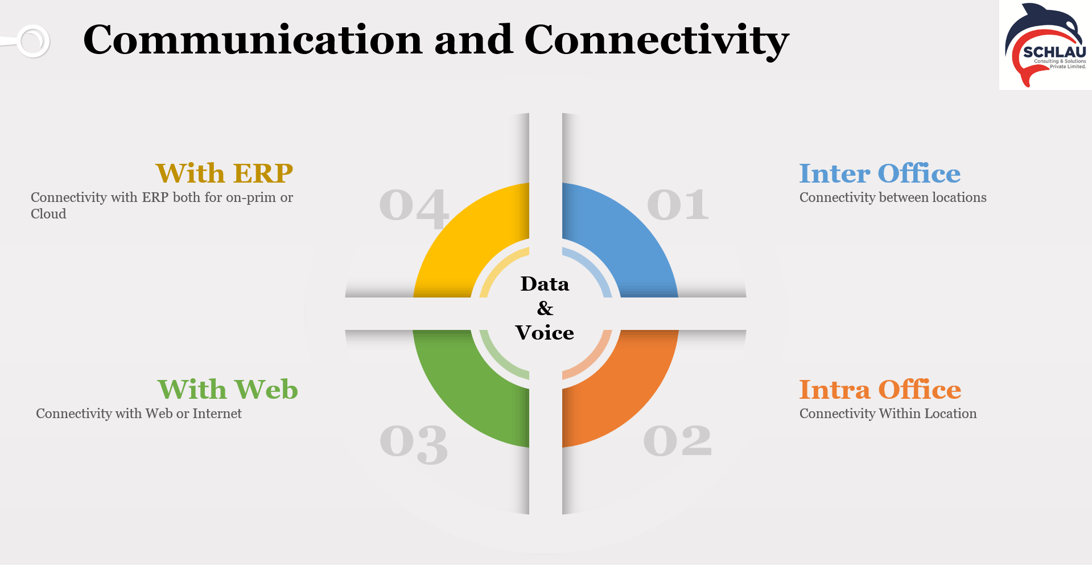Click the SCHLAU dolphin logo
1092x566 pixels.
tap(1046, 46)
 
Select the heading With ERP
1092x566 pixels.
tap(224, 173)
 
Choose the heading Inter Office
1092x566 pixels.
tap(880, 173)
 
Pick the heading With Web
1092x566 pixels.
tap(228, 389)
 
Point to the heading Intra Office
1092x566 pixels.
tap(880, 389)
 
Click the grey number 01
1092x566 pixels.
tap(678, 205)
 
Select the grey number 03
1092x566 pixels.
tap(414, 444)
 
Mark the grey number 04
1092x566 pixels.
tap(414, 208)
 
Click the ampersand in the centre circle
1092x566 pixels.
tap(545, 308)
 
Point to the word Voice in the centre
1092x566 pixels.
tap(545, 333)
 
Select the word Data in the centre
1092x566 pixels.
tap(545, 284)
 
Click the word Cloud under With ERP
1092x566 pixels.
tap(48, 214)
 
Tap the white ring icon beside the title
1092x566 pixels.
tap(33, 41)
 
